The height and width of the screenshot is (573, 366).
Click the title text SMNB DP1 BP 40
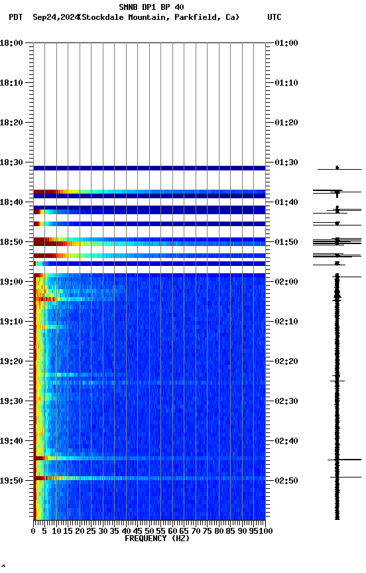tap(151, 7)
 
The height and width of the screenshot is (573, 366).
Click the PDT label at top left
tap(15, 17)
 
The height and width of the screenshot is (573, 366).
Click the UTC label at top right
tap(274, 17)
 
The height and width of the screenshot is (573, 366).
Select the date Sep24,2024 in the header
tap(55, 17)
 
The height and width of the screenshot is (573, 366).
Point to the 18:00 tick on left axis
tap(13, 43)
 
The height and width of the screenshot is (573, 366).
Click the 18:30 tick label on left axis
tap(13, 162)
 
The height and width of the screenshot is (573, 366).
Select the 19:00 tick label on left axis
tap(13, 282)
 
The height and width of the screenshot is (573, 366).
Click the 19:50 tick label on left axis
tap(13, 480)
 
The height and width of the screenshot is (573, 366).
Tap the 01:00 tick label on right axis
tap(286, 43)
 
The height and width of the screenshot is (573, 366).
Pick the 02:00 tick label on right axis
tap(286, 282)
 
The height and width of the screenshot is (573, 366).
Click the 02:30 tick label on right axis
tap(286, 401)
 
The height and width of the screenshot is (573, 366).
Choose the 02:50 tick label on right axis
tap(286, 480)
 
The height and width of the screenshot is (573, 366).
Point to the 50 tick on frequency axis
tap(149, 531)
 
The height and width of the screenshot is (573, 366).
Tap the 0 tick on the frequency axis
tap(34, 531)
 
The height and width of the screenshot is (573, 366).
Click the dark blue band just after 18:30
tap(149, 168)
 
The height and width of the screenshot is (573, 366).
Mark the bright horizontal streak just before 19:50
tap(149, 478)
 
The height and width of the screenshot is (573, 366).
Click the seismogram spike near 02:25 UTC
tap(337, 381)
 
